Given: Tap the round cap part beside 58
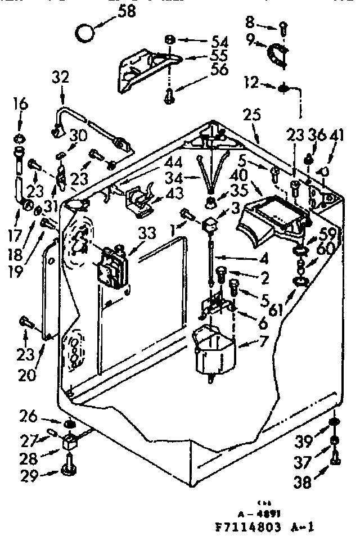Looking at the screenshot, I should [x=85, y=32].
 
